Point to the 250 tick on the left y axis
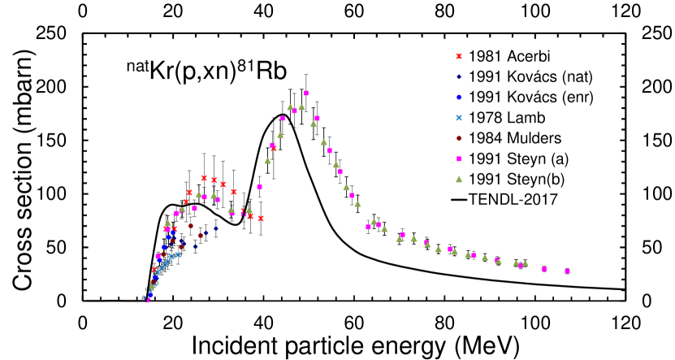[x=52, y=33]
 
